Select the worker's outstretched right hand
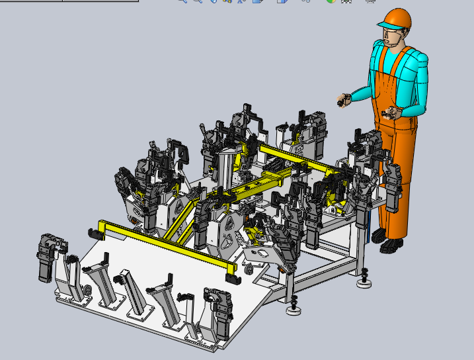[x=342, y=101]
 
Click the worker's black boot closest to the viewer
[x=390, y=246]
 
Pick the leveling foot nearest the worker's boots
[x=364, y=283]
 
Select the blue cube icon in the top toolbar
[x=282, y=2]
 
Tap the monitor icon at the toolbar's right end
[x=370, y=2]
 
